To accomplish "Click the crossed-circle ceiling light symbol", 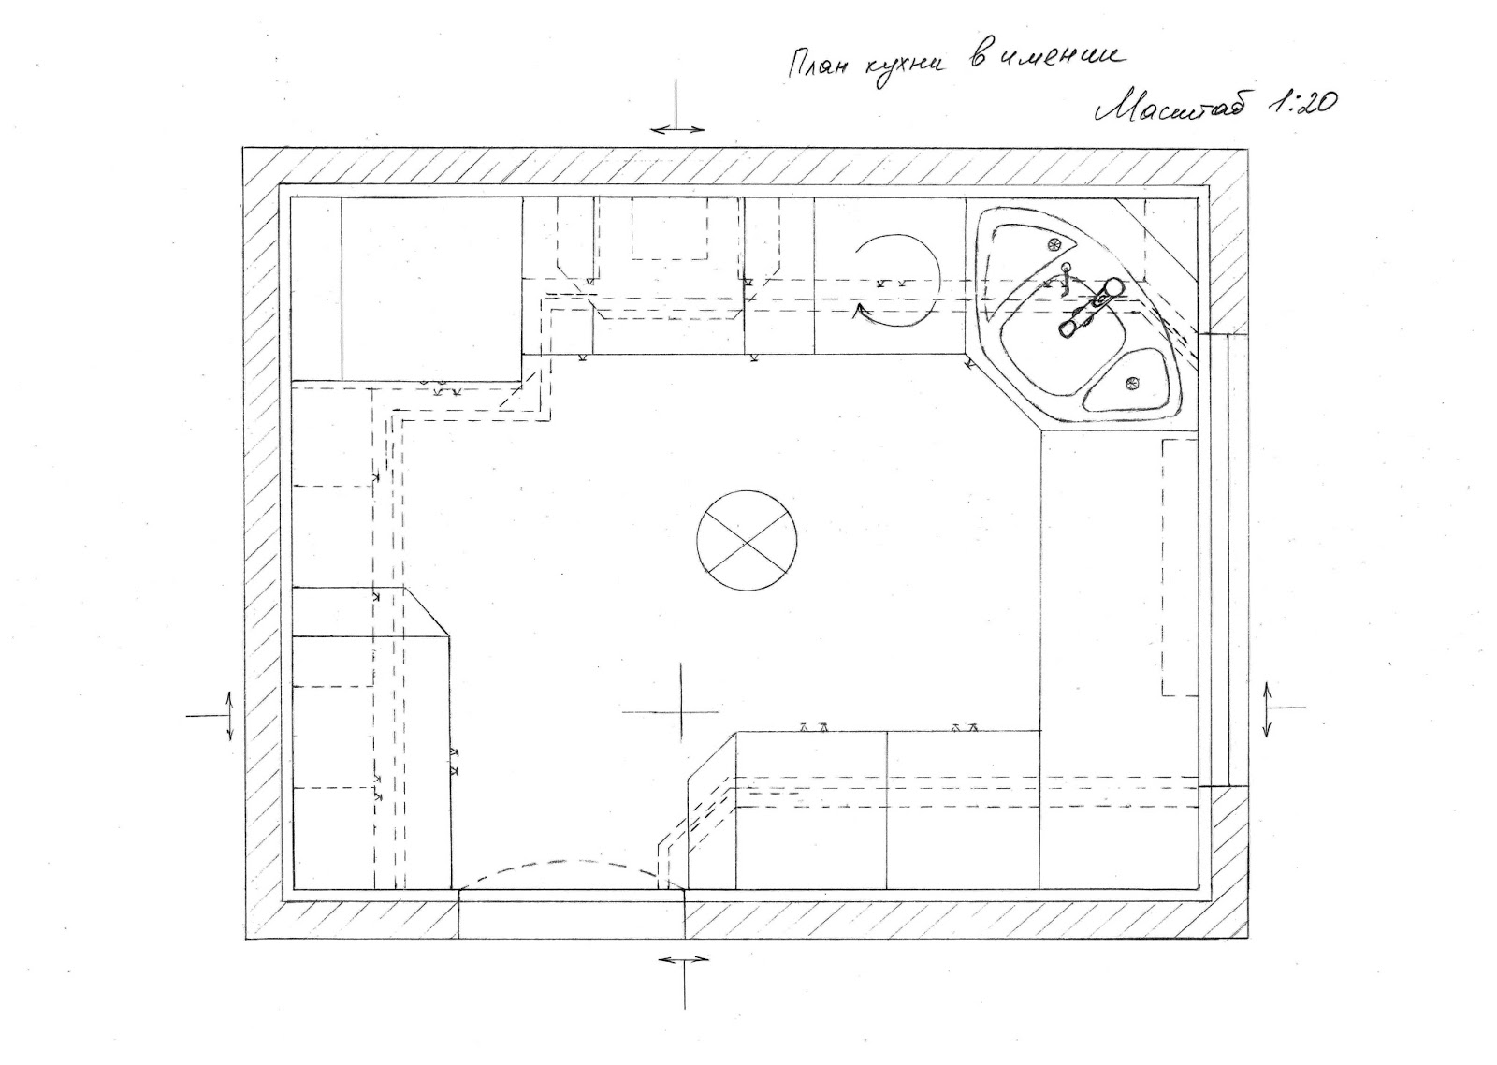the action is [746, 541].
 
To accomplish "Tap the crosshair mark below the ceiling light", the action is [682, 711].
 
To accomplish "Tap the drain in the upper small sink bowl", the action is [1054, 244].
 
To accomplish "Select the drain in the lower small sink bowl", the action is [1133, 382].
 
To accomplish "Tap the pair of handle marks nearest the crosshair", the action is [814, 726].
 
